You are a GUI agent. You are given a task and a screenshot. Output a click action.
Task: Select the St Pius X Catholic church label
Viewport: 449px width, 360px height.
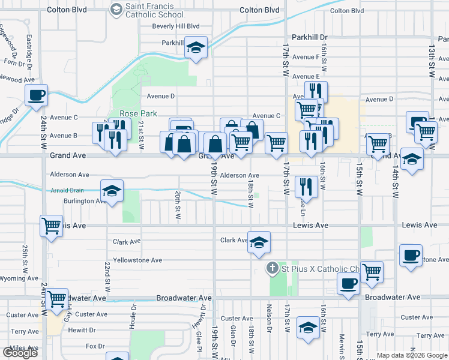(321, 268)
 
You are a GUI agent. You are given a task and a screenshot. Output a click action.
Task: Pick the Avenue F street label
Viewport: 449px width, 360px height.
(306, 57)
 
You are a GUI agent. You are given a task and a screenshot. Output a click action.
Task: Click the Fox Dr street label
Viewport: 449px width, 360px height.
(95, 346)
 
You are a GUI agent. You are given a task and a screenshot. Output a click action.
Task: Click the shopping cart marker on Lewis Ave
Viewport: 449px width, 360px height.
(52, 226)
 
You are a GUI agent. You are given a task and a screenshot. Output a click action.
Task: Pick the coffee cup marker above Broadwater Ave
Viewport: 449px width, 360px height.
(348, 283)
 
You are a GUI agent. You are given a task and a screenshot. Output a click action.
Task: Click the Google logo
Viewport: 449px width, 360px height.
(20, 353)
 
